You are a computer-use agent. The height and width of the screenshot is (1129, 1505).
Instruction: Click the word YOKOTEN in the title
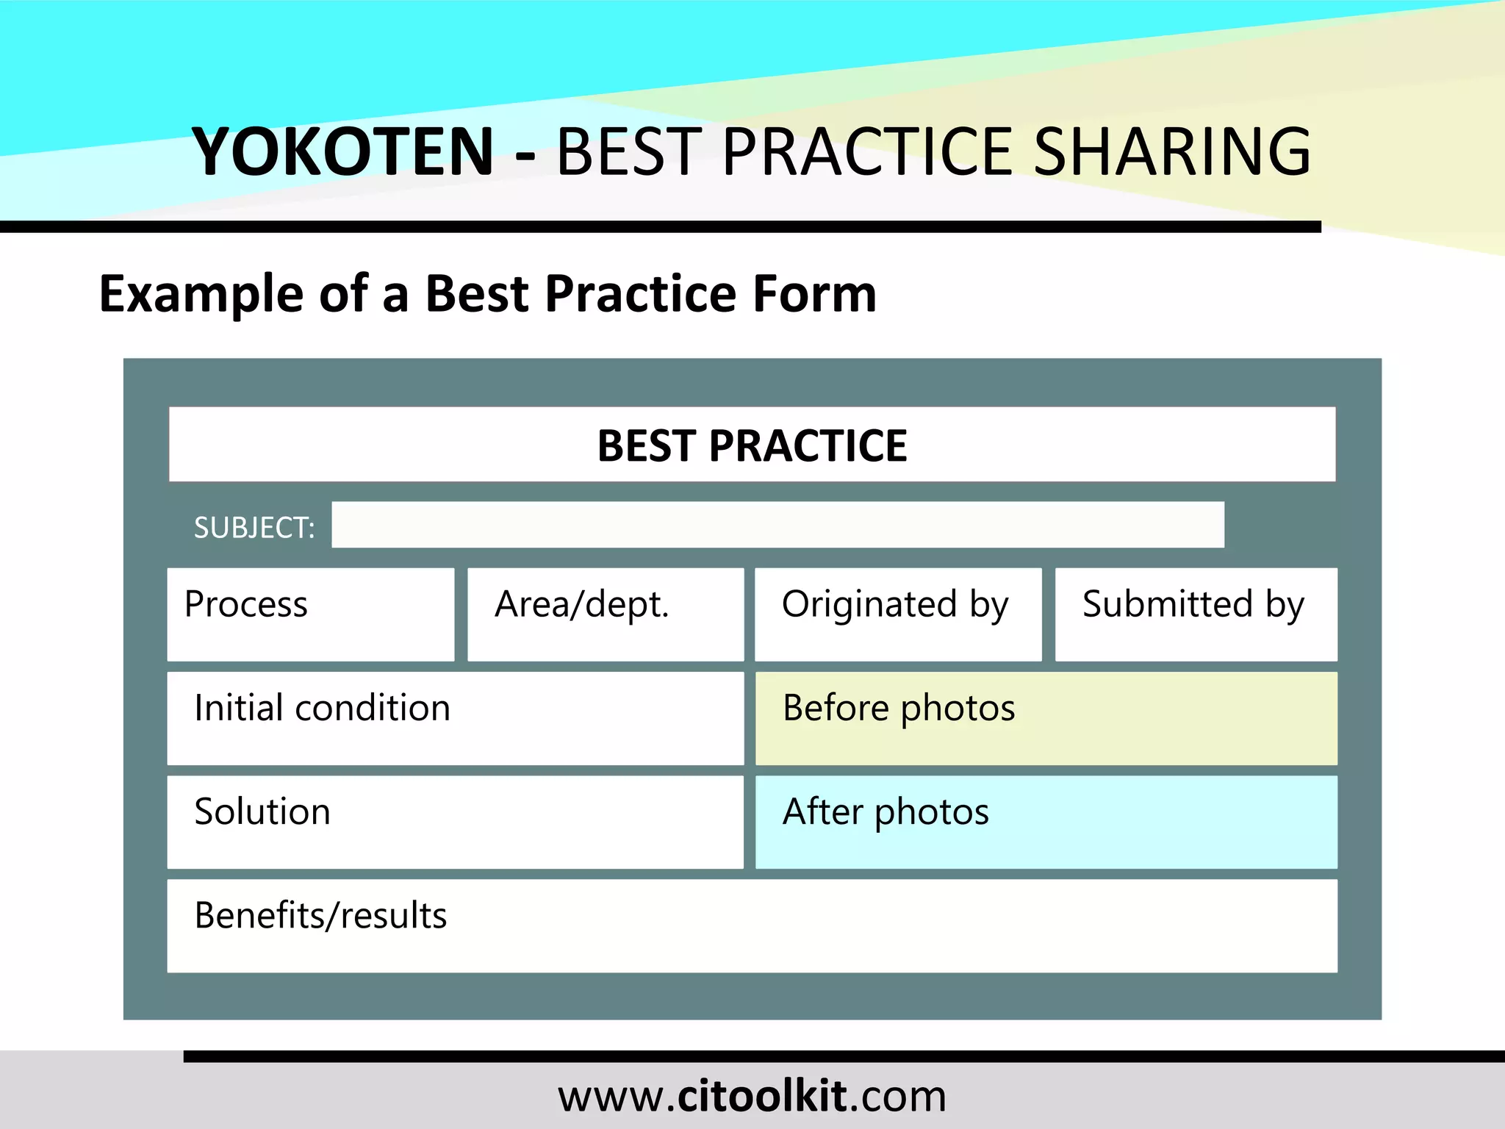click(x=342, y=151)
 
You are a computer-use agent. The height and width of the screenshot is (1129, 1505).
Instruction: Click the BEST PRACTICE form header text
click(x=752, y=445)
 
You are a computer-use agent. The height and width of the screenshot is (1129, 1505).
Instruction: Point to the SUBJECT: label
click(x=254, y=528)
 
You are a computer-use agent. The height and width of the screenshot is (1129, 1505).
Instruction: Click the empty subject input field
click(x=777, y=525)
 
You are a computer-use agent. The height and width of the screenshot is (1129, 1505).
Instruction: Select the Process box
click(x=310, y=614)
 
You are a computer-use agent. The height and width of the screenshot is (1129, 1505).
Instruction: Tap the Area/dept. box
click(x=606, y=614)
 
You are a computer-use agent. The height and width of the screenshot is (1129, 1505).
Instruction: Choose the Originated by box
click(x=898, y=614)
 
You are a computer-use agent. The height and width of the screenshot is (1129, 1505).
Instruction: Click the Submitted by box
click(x=1196, y=614)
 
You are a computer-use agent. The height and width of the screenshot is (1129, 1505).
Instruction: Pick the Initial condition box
click(x=455, y=718)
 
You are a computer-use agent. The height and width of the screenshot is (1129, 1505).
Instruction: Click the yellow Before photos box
click(x=1046, y=718)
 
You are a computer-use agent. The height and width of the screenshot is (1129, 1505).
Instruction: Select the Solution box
click(x=455, y=822)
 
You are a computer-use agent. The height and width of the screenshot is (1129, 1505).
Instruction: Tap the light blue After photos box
click(x=1046, y=822)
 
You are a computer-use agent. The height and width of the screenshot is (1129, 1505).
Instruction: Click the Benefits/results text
click(x=320, y=916)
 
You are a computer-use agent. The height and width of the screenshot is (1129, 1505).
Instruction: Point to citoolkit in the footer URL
click(x=761, y=1096)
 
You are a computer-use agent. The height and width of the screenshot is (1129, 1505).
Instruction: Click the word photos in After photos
click(x=931, y=813)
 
